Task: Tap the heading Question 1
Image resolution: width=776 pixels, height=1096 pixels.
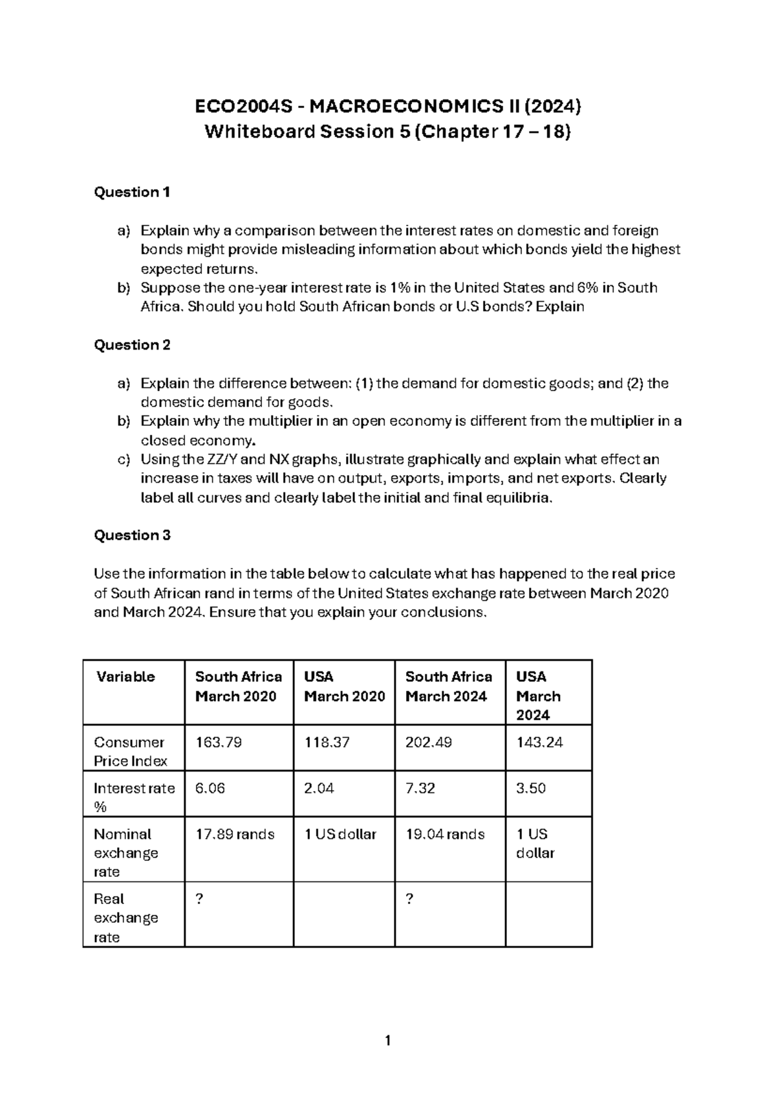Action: pos(132,192)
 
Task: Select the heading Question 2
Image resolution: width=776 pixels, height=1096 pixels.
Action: pos(132,345)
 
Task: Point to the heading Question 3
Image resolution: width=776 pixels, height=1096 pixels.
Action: pos(132,535)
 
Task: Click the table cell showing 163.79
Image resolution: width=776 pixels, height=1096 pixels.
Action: pos(219,743)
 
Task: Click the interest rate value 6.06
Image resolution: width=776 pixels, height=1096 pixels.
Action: pos(210,788)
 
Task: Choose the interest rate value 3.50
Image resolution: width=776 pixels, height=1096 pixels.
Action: pos(531,788)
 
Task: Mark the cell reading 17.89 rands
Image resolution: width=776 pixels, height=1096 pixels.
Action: pos(235,834)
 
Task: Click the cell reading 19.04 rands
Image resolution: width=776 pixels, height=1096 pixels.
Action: pos(445,834)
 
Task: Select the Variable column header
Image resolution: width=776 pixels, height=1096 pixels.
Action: pos(125,677)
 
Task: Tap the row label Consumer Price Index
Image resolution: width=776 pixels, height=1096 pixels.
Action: pos(130,752)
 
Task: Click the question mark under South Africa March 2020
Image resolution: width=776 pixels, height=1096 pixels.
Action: pos(199,899)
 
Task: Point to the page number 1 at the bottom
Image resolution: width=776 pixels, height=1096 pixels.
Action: pos(387,1040)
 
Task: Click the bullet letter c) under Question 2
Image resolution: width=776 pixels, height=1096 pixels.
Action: pos(124,459)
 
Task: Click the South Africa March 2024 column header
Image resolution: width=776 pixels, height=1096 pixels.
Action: pos(448,686)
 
